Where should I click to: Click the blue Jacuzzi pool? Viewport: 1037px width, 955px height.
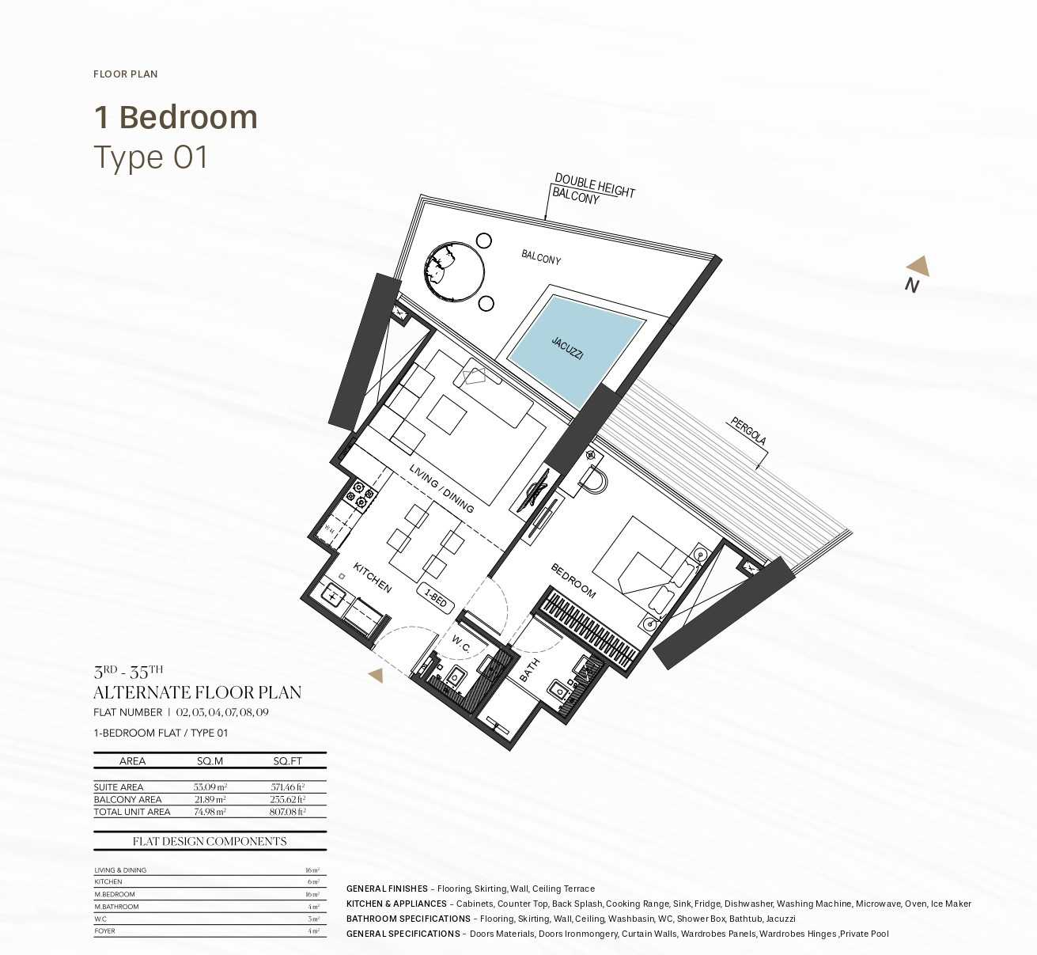pyautogui.click(x=575, y=349)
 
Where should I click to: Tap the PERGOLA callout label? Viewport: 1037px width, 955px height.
pyautogui.click(x=747, y=431)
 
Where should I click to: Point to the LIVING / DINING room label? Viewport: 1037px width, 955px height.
pyautogui.click(x=441, y=488)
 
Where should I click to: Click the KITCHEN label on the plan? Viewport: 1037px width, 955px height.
pyautogui.click(x=372, y=578)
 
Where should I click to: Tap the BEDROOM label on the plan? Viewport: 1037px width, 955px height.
pyautogui.click(x=573, y=580)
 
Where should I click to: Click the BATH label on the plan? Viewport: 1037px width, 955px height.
pyautogui.click(x=529, y=669)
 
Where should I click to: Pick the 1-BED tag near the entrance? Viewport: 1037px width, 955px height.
pyautogui.click(x=436, y=597)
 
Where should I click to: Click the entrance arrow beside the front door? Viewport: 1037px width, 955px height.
pyautogui.click(x=377, y=675)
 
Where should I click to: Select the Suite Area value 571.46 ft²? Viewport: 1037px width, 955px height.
pyautogui.click(x=287, y=787)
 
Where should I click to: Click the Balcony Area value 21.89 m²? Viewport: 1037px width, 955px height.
pyautogui.click(x=210, y=800)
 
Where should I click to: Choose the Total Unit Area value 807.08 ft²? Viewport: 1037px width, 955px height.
pyautogui.click(x=287, y=812)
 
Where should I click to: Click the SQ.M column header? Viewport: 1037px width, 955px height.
pyautogui.click(x=210, y=761)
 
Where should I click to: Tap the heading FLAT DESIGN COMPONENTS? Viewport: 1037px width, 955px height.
pyautogui.click(x=210, y=841)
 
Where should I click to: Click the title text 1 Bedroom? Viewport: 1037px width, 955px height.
pyautogui.click(x=176, y=117)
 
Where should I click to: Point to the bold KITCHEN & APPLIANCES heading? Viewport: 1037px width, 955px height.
pyautogui.click(x=396, y=904)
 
